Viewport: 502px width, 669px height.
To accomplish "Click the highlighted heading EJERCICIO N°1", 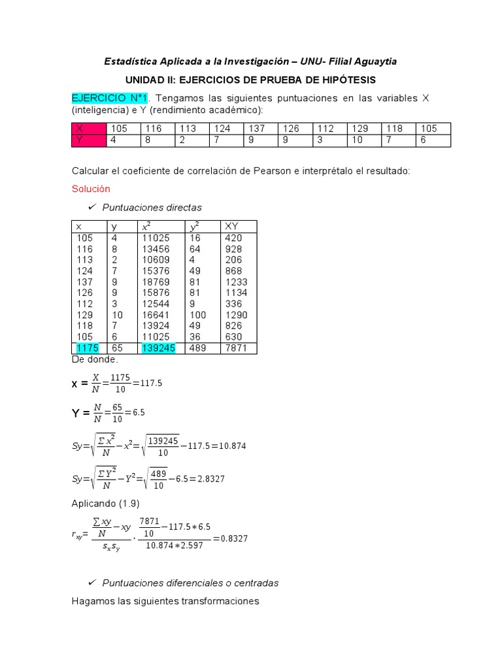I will pyautogui.click(x=110, y=98).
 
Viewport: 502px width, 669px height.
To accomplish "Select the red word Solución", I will pyautogui.click(x=91, y=189).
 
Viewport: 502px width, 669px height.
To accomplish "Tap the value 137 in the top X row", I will pyautogui.click(x=256, y=129).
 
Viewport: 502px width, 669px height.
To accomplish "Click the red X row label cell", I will pyautogui.click(x=89, y=129).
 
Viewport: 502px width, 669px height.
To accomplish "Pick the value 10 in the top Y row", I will pyautogui.click(x=357, y=140).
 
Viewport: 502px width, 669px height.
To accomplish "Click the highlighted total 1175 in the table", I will pyautogui.click(x=87, y=348).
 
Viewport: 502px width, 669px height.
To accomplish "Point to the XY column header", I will pyautogui.click(x=231, y=226).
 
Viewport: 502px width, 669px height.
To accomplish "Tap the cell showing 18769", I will pyautogui.click(x=157, y=282).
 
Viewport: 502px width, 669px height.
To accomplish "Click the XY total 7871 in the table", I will pyautogui.click(x=236, y=348).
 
